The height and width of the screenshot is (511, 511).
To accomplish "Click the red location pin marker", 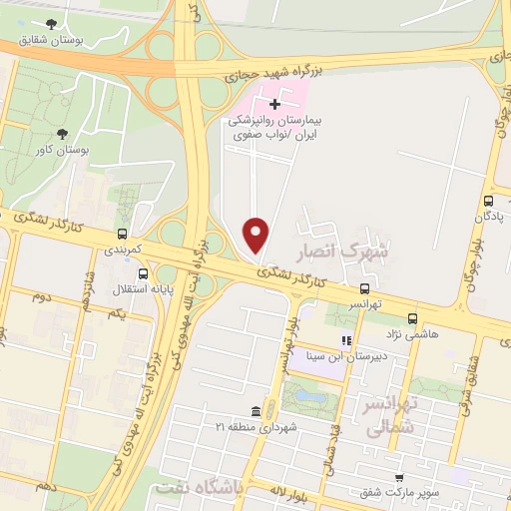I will point(257,235).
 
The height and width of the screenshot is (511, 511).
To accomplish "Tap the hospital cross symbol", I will point(275,104).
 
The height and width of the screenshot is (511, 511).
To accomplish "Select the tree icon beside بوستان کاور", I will point(63,133).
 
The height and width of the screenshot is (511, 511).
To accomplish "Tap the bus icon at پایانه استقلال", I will point(145,272).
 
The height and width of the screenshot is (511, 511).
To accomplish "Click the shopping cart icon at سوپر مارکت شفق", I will point(398,479).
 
